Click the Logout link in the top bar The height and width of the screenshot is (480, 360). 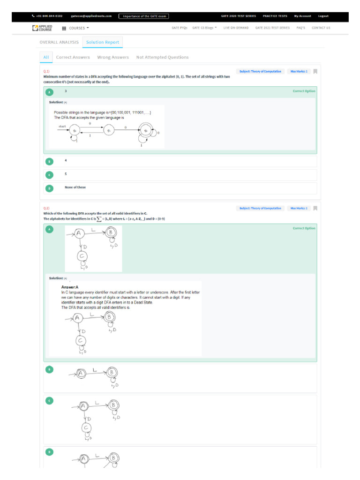[x=323, y=16]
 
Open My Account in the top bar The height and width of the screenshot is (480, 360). [x=302, y=16]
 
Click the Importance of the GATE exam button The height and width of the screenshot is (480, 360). [x=143, y=16]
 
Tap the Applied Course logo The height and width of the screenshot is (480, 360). [x=42, y=28]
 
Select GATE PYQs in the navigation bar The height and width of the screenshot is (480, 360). [x=180, y=28]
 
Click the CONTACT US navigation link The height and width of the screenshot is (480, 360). [x=321, y=28]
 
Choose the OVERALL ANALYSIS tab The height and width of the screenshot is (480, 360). [x=59, y=42]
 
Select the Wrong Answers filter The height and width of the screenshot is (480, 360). [x=113, y=57]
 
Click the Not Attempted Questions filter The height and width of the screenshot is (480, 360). [x=162, y=57]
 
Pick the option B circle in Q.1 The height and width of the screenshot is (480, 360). [x=50, y=161]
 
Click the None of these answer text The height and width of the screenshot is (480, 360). [x=75, y=187]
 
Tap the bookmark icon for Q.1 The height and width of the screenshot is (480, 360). [x=315, y=72]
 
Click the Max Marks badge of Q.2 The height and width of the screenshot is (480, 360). [x=299, y=208]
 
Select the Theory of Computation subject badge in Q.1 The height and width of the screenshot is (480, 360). [x=260, y=72]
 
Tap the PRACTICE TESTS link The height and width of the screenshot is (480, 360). [x=275, y=16]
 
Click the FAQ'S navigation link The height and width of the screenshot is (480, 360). [x=301, y=28]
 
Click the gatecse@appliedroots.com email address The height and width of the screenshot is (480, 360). [x=91, y=16]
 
